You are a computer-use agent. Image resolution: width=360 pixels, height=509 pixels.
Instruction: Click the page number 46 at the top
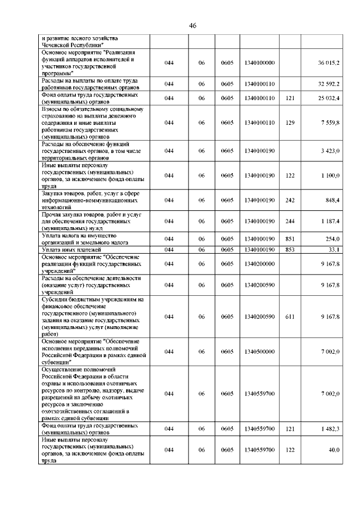pos(192,26)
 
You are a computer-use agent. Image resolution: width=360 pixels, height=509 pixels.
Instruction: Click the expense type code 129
pos(290,122)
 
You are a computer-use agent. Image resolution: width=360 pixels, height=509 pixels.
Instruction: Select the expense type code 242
pos(290,200)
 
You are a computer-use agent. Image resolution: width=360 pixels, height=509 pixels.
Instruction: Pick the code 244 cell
pos(290,222)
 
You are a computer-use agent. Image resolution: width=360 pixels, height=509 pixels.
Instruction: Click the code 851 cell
pos(290,239)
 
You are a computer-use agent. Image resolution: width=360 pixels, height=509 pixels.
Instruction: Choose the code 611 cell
pos(290,317)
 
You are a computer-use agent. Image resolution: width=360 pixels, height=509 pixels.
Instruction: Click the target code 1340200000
pos(259,263)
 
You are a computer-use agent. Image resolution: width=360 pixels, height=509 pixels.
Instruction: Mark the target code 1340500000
pos(259,352)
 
